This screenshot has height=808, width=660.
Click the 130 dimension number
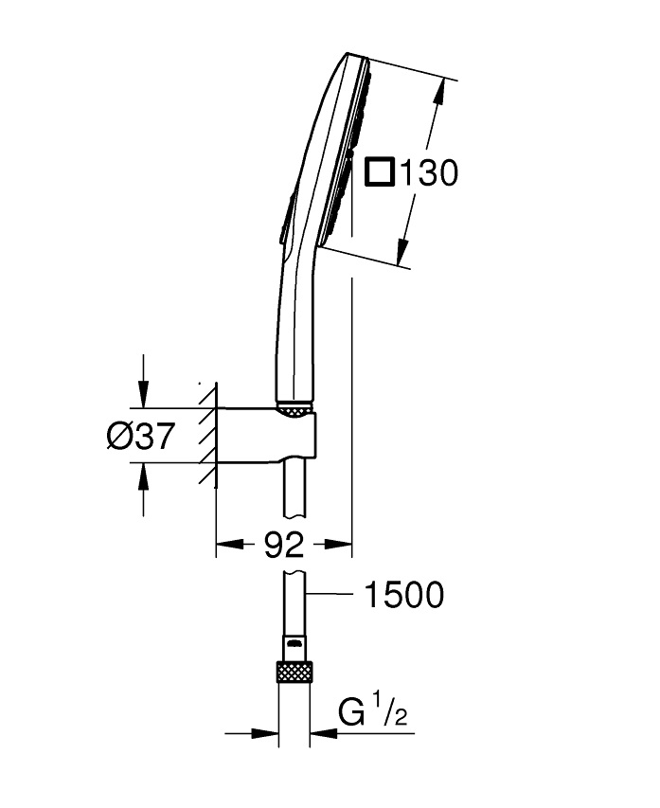tap(429, 172)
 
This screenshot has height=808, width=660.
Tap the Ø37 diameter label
tap(141, 436)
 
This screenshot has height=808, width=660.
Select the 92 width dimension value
tap(284, 545)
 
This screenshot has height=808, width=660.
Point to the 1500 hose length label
tap(403, 595)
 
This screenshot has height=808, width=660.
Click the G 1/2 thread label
tap(373, 710)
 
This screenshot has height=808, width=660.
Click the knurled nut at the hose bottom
tap(294, 671)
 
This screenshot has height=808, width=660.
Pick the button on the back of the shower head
tap(287, 215)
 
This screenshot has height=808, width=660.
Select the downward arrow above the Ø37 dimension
tap(144, 382)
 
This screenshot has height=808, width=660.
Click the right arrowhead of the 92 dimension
tap(338, 544)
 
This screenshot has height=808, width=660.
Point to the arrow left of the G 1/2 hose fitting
tap(253, 732)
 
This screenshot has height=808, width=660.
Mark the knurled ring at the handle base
tap(294, 410)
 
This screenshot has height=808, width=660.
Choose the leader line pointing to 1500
tap(329, 595)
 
